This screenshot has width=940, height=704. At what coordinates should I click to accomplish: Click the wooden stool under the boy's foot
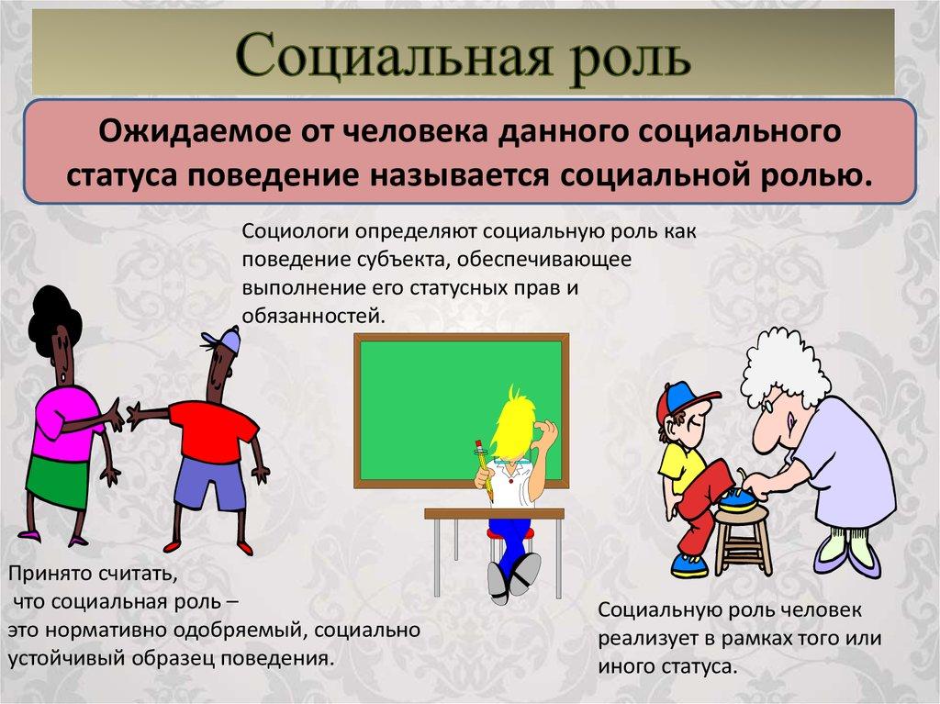(743, 542)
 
